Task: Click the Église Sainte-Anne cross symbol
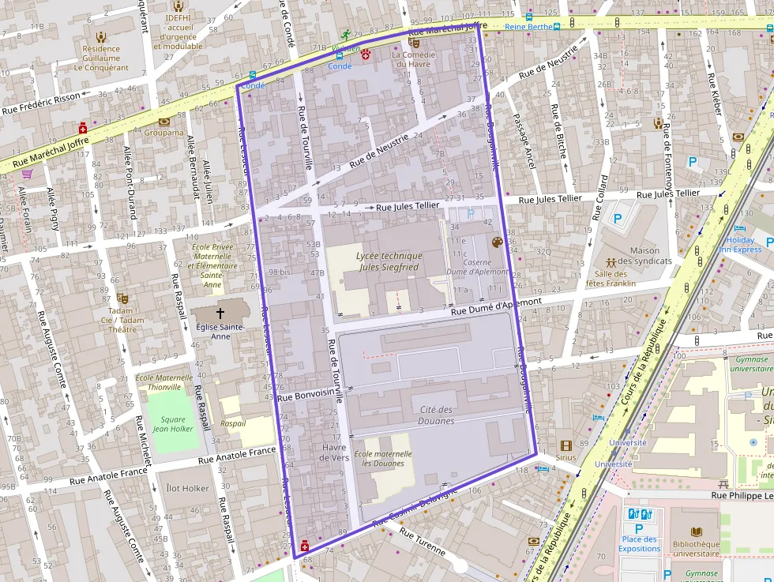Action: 220,313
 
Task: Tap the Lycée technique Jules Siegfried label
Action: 389,261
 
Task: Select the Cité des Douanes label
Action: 437,415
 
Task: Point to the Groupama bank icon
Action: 163,122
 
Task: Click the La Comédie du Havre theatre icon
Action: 414,43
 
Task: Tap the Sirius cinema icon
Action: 565,445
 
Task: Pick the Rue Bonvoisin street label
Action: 307,396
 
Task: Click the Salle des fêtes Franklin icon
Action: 611,261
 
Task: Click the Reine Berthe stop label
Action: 528,26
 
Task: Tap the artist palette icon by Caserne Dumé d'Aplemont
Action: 497,242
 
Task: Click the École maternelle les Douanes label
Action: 383,459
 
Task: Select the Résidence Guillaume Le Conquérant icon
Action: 101,36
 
